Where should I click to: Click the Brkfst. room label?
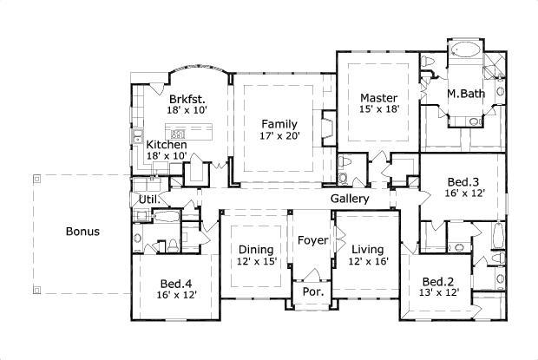click(x=187, y=98)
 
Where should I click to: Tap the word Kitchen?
click(x=166, y=144)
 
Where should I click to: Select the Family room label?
click(x=279, y=124)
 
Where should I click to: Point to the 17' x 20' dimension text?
click(x=279, y=136)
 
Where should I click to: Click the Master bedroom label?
click(x=379, y=97)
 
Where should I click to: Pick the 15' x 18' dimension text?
click(x=379, y=109)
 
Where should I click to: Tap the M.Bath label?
click(x=466, y=93)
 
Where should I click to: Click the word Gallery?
click(x=351, y=199)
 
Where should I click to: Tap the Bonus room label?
click(x=82, y=232)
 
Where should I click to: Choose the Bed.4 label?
click(x=178, y=283)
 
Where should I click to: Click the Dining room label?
click(x=257, y=249)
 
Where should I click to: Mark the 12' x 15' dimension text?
click(x=257, y=261)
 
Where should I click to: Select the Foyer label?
click(x=312, y=239)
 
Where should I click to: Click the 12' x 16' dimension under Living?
click(x=368, y=261)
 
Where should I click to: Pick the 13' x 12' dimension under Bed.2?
click(x=439, y=294)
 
